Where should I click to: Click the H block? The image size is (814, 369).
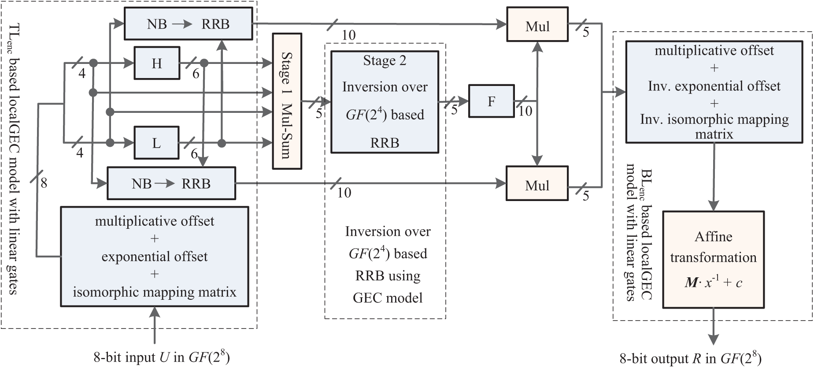(157, 63)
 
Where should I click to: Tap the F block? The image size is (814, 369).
(491, 101)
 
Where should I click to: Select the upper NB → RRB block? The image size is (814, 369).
(189, 24)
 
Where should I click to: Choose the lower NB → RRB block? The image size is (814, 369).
(171, 183)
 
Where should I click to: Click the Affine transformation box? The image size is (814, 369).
(713, 259)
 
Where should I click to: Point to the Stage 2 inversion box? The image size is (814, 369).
(385, 102)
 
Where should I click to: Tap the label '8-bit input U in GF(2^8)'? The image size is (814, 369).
(162, 357)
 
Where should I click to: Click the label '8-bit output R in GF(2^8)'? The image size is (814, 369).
(690, 358)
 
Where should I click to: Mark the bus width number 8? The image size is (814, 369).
(44, 183)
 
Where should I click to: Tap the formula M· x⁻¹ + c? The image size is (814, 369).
(713, 282)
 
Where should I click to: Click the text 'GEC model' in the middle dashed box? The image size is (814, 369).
(388, 298)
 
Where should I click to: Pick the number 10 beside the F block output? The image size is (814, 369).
(525, 111)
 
